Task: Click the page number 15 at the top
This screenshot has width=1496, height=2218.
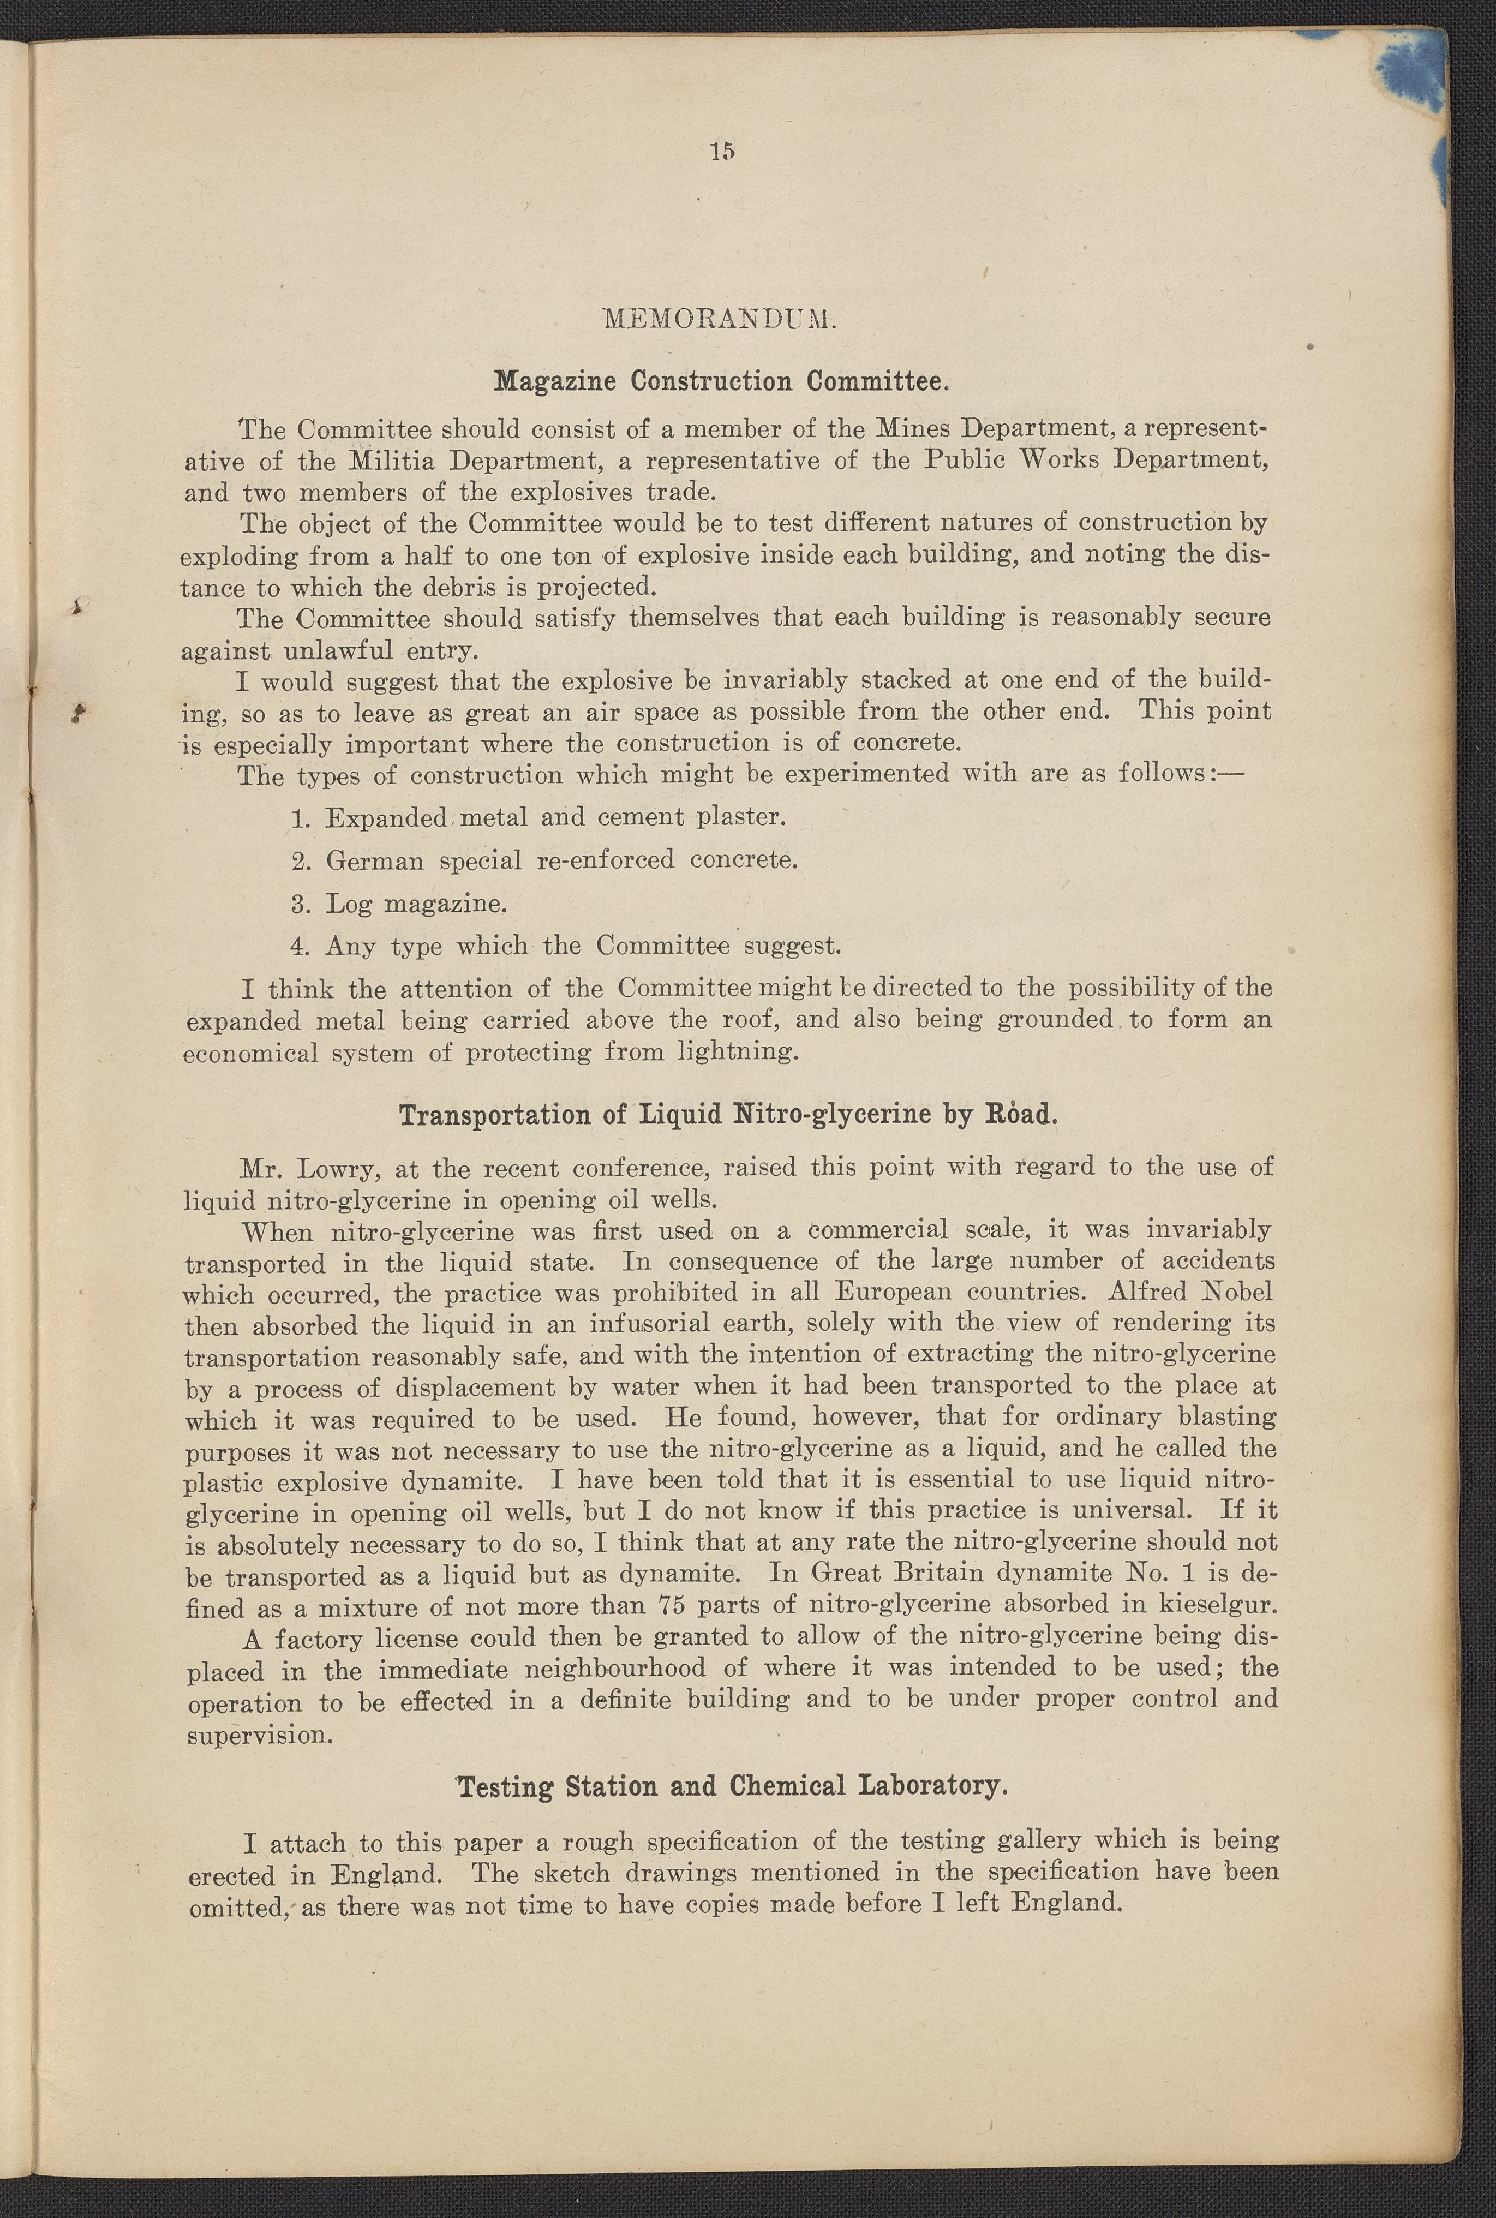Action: pyautogui.click(x=721, y=151)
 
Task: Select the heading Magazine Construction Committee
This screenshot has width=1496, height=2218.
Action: pyautogui.click(x=721, y=382)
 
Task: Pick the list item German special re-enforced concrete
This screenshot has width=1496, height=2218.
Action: pyautogui.click(x=544, y=860)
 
